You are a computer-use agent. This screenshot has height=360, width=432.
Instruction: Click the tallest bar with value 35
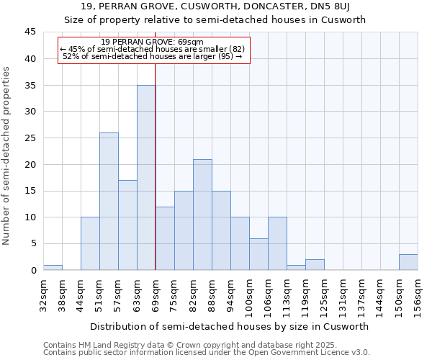point(146,178)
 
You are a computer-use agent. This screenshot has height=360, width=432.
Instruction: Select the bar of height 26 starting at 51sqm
point(109,202)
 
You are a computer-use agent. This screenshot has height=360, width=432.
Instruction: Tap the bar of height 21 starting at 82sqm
point(202,215)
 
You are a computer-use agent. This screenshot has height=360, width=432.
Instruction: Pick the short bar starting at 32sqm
point(53,267)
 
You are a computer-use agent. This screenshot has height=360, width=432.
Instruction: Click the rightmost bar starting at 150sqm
point(408,262)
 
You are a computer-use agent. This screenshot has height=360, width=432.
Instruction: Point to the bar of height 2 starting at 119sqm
point(315,265)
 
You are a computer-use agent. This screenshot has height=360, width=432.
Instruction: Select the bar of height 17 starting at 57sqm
point(127,225)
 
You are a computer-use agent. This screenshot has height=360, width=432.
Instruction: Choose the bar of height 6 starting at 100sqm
point(258,254)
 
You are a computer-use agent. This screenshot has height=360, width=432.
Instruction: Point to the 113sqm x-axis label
point(287,296)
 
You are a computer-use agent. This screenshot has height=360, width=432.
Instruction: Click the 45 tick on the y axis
point(30,32)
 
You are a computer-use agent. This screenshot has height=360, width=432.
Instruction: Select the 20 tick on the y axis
point(30,165)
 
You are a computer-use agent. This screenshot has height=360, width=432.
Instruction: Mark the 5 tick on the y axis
point(33,244)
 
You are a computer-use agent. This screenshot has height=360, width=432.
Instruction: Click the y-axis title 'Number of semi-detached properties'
point(7,156)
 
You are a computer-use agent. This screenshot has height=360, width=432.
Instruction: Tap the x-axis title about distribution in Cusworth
point(230,326)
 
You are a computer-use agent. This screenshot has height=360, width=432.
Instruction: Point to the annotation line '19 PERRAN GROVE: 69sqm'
point(153,42)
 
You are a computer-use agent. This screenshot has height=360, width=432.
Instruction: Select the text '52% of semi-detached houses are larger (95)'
point(153,56)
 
